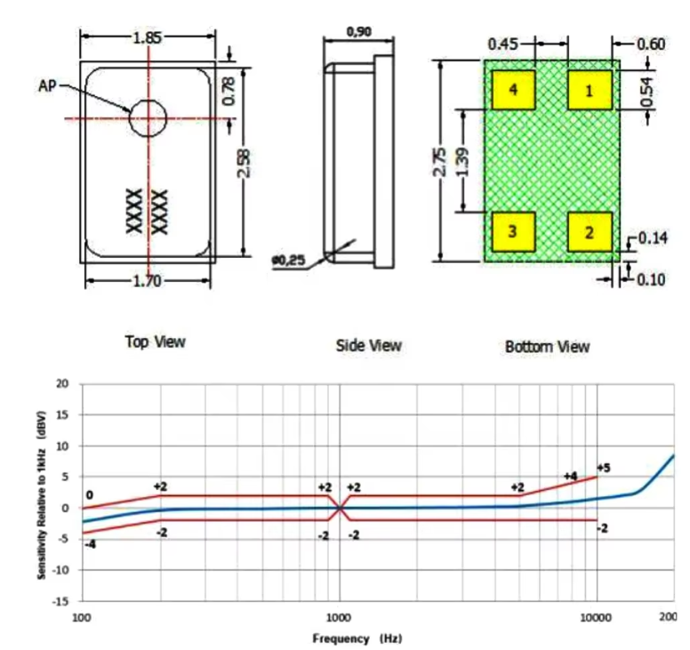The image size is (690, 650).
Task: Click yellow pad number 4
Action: (513, 89)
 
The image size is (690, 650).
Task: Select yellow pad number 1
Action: (588, 89)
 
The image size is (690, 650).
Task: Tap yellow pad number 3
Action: (513, 230)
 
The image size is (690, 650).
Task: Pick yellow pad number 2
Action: (588, 231)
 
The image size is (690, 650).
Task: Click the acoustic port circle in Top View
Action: (148, 117)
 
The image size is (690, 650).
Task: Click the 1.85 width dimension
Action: (148, 38)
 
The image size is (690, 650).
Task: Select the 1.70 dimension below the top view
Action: (148, 282)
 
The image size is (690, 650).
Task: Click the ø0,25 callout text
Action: (290, 261)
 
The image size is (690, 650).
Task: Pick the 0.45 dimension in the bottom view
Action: (504, 43)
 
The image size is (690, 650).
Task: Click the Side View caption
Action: (368, 345)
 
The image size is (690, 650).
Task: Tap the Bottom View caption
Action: (547, 346)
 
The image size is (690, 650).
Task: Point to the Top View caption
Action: (156, 341)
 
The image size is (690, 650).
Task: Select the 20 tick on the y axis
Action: (62, 384)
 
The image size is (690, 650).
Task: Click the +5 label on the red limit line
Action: (603, 468)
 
